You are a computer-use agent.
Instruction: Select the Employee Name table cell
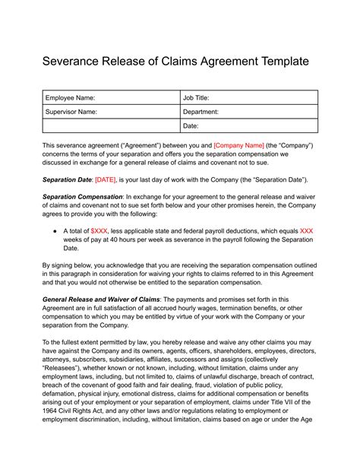tap(110, 98)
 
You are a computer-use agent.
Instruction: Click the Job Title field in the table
tap(248, 98)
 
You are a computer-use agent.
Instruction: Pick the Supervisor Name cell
tap(110, 112)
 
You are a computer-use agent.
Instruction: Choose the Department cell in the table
tap(248, 112)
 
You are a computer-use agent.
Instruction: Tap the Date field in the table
tap(248, 125)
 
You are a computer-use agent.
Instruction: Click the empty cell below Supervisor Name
tap(110, 125)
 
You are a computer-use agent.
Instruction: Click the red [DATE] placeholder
tap(106, 179)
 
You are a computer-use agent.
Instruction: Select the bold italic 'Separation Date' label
tap(67, 179)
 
